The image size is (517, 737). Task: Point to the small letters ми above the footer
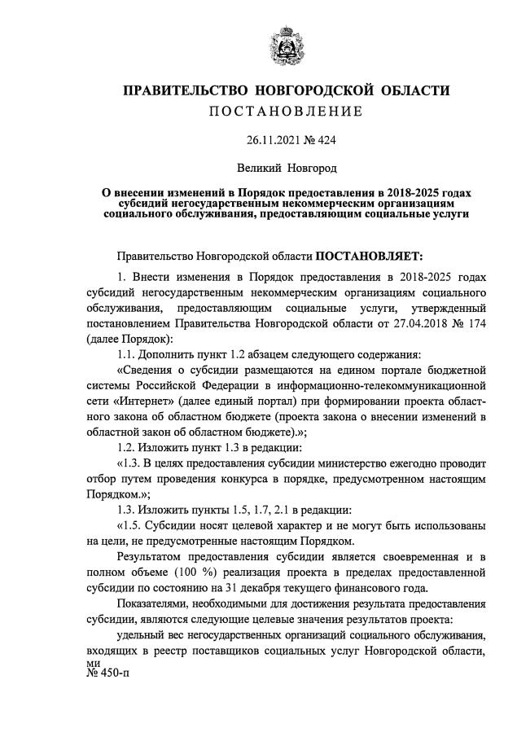(92, 664)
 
